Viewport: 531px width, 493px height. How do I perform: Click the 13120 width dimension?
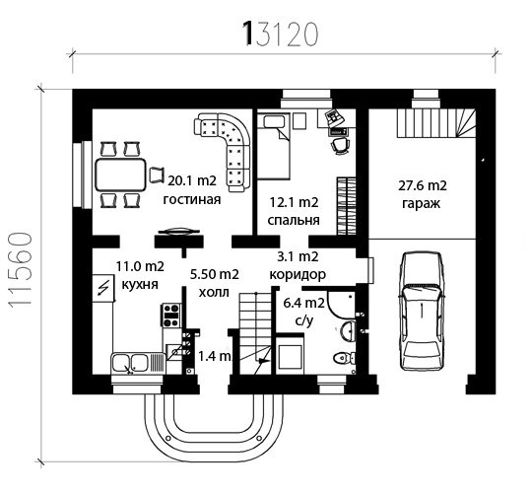(x=281, y=34)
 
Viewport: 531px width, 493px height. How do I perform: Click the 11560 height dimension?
(x=21, y=271)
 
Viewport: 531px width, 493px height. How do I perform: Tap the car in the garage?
(x=422, y=312)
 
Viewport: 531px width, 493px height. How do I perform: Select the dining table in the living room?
(x=121, y=175)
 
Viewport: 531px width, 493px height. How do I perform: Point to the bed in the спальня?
(x=274, y=146)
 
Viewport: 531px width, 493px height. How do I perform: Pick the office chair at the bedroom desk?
(x=340, y=145)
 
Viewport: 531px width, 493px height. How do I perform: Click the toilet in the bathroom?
(x=344, y=358)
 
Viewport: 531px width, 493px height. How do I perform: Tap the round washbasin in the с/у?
(x=348, y=330)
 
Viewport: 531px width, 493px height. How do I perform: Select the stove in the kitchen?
(x=171, y=316)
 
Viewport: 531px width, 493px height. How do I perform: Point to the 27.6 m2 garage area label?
(x=423, y=185)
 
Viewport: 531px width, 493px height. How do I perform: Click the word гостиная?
(x=192, y=199)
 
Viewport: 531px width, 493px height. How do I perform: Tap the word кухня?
(x=140, y=284)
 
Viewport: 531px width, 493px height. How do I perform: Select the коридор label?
(x=298, y=274)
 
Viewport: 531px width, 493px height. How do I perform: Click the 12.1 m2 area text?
(x=294, y=202)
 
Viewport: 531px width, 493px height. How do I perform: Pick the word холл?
(x=214, y=292)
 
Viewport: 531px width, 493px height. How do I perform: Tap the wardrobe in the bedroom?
(x=347, y=205)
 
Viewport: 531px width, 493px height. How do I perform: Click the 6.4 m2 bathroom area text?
(x=303, y=303)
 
